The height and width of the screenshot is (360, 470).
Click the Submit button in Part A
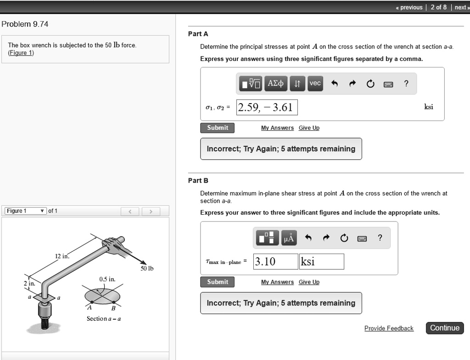point(217,128)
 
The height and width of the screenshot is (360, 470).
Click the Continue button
point(445,328)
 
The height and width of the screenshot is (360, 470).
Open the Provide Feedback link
point(389,328)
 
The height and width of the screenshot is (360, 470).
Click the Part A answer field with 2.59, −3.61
point(267,107)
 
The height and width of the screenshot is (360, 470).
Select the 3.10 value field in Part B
point(274,261)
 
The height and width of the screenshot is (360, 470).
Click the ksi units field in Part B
point(321,261)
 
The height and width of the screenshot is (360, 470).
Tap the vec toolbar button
point(315,83)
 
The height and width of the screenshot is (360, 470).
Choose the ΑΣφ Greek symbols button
point(276,83)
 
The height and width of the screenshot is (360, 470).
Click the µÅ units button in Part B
point(290,238)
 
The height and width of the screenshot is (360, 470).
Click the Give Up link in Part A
point(309,128)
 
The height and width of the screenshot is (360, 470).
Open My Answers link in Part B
point(277,282)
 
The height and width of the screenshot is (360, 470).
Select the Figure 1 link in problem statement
point(21,53)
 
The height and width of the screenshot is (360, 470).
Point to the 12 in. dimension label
point(62,256)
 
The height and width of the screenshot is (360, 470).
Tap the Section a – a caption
point(103,318)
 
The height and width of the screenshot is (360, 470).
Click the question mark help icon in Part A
point(406,83)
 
